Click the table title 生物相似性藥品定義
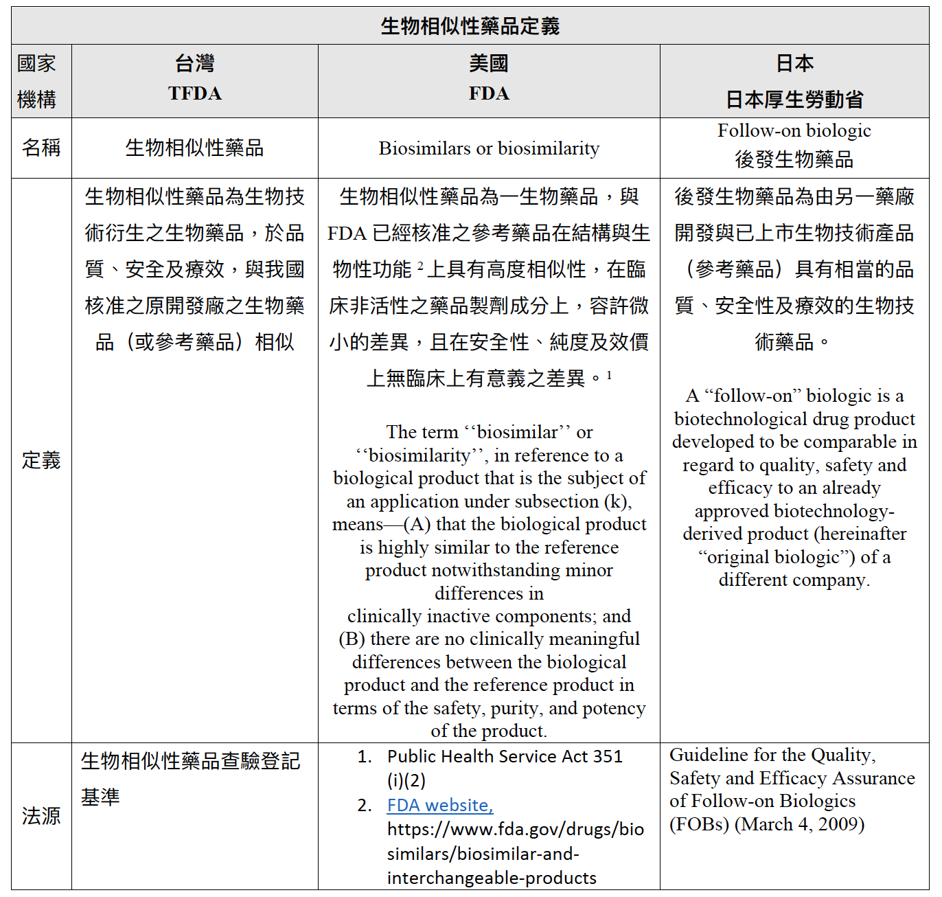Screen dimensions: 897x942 click(470, 26)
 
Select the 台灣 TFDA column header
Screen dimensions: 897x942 click(195, 79)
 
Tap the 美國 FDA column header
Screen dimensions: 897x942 click(489, 79)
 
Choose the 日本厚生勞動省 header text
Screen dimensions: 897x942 click(794, 100)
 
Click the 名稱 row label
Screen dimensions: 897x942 click(41, 148)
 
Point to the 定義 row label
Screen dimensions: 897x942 click(41, 460)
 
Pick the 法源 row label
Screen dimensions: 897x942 click(41, 816)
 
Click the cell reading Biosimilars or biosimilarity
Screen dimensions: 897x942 click(489, 148)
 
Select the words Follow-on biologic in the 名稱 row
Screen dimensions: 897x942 click(794, 130)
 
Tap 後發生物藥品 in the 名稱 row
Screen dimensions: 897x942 click(794, 159)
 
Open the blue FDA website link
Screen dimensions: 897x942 click(440, 805)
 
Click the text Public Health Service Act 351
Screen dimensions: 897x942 click(505, 756)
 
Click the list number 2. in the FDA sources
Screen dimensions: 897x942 click(365, 805)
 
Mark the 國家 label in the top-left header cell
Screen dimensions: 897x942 click(36, 63)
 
